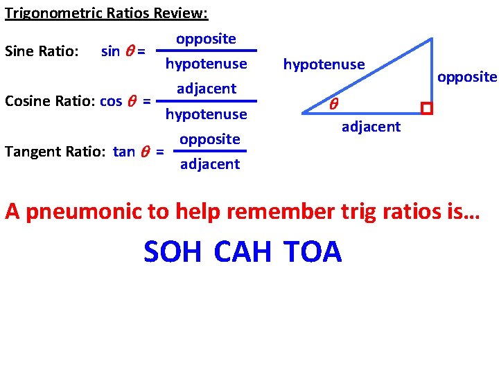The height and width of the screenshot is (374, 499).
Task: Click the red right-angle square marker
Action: (426, 109)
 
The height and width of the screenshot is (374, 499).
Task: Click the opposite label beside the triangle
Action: (466, 77)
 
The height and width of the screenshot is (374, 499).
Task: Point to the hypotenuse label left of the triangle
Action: (324, 64)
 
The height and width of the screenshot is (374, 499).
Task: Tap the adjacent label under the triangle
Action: (371, 126)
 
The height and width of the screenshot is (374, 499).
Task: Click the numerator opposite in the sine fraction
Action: (206, 39)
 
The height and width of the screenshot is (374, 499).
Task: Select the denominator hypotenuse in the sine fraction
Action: (206, 64)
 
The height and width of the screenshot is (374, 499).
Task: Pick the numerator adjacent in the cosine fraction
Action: (207, 89)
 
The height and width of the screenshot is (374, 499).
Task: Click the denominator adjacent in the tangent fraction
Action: (209, 164)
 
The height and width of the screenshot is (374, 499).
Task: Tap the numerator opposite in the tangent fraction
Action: (209, 139)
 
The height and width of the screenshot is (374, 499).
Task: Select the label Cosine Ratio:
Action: (50, 101)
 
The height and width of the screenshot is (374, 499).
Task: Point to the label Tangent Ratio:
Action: (54, 152)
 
